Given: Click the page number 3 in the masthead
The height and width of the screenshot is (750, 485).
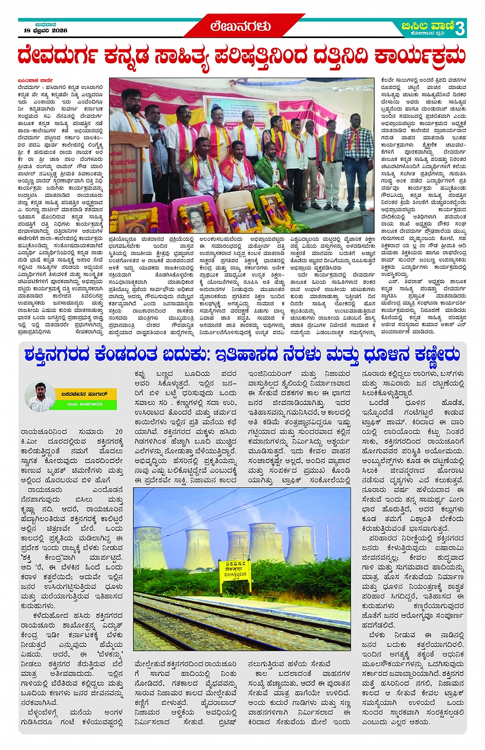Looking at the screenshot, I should [x=460, y=28].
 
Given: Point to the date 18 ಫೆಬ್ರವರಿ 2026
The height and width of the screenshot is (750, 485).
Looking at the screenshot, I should [x=46, y=31].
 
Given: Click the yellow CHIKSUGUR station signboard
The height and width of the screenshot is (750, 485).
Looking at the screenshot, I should [x=236, y=569].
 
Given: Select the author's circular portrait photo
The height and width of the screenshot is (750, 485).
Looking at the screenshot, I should [x=40, y=397].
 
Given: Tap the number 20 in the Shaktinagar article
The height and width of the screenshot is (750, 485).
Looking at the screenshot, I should [x=119, y=432].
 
